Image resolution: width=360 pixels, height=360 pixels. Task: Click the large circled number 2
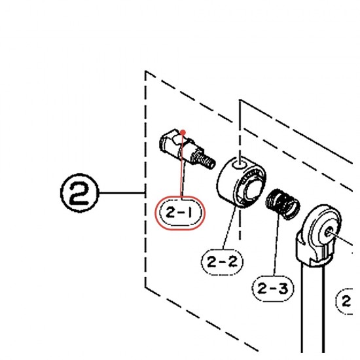pyautogui.click(x=80, y=193)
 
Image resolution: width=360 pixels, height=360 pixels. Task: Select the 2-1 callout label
pyautogui.click(x=180, y=213)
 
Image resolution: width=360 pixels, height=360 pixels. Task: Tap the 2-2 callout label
pyautogui.click(x=222, y=262)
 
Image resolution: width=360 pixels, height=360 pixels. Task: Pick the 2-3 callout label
pyautogui.click(x=273, y=289)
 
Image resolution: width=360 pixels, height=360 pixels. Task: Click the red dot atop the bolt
pyautogui.click(x=183, y=132)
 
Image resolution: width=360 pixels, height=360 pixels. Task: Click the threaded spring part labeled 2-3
pyautogui.click(x=283, y=204)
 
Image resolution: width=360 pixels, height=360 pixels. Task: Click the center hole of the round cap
pyautogui.click(x=329, y=232)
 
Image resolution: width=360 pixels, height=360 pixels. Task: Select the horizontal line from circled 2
pyautogui.click(x=122, y=192)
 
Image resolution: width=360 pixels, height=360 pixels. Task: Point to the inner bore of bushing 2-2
pyautogui.click(x=253, y=190)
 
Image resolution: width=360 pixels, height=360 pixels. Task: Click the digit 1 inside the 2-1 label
pyautogui.click(x=190, y=213)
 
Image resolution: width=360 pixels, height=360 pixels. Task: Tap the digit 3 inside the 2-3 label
pyautogui.click(x=283, y=289)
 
